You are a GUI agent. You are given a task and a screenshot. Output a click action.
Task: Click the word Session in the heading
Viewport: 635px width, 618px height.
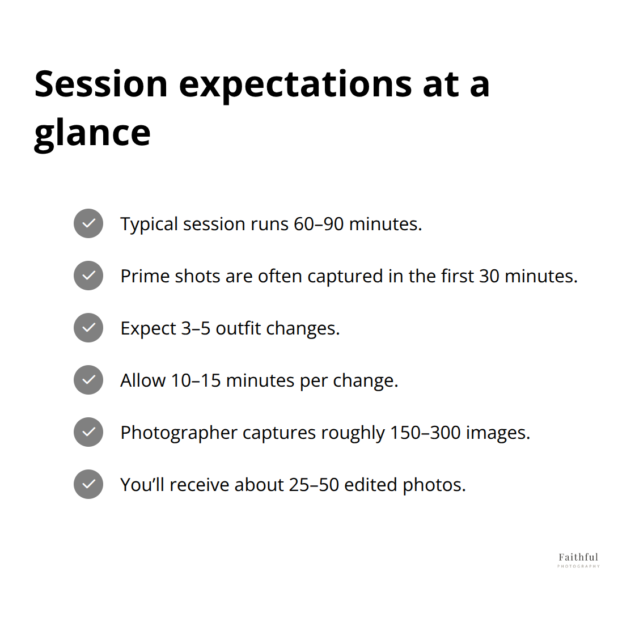click(x=101, y=84)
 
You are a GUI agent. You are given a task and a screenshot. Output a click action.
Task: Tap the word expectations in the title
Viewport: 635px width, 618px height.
click(x=295, y=84)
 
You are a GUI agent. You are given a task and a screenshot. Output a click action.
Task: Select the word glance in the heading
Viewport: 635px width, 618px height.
click(x=92, y=133)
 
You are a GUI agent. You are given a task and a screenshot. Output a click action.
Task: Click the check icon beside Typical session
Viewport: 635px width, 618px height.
click(x=88, y=223)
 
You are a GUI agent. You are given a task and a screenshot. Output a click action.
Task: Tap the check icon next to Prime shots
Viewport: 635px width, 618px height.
click(x=88, y=276)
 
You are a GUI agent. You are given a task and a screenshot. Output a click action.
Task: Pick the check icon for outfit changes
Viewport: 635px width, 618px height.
click(x=88, y=328)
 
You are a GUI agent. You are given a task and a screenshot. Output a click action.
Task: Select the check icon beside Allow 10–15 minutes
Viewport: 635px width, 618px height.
click(x=88, y=380)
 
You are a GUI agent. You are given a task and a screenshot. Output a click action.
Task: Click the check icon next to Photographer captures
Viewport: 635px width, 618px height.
click(x=88, y=432)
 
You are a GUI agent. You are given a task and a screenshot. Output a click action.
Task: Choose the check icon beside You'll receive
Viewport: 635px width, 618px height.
click(x=88, y=484)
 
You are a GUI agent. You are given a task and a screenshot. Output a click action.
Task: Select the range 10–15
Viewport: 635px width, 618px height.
click(x=196, y=380)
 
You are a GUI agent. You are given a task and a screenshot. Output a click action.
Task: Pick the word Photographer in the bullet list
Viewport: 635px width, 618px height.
click(x=179, y=433)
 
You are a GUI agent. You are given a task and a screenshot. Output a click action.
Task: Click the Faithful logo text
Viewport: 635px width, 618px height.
click(x=578, y=557)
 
